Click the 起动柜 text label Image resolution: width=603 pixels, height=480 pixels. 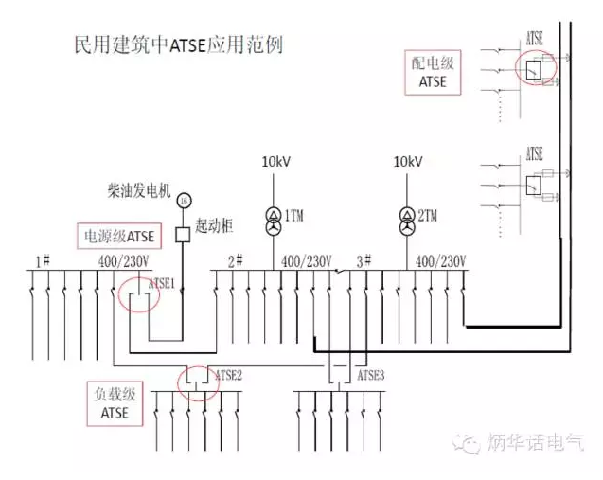click(x=215, y=227)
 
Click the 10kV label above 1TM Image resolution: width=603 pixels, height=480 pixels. click(x=275, y=163)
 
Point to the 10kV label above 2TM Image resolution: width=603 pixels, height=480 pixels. click(x=408, y=163)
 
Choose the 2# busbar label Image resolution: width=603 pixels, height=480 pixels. click(x=236, y=260)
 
